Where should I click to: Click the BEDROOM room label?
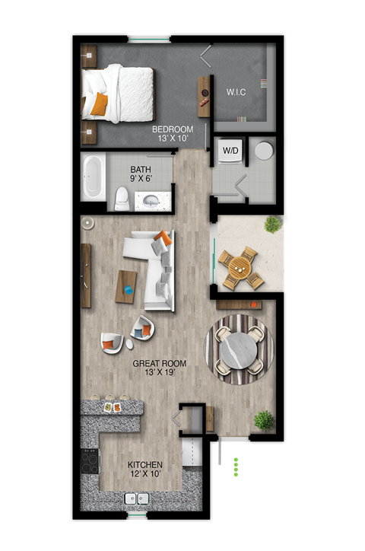172,129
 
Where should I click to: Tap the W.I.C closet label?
236,93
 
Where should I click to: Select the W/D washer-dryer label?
230,151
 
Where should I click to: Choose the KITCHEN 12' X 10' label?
144,464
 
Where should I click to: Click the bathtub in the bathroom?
94,177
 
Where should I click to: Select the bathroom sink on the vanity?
151,201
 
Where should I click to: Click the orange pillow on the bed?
99,104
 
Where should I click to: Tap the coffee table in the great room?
126,286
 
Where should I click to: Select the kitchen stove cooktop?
90,462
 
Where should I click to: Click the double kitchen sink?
136,499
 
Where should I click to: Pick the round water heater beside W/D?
263,150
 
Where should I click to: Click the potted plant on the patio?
272,224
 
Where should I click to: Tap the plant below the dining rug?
263,419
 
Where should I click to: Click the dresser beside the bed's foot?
204,97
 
